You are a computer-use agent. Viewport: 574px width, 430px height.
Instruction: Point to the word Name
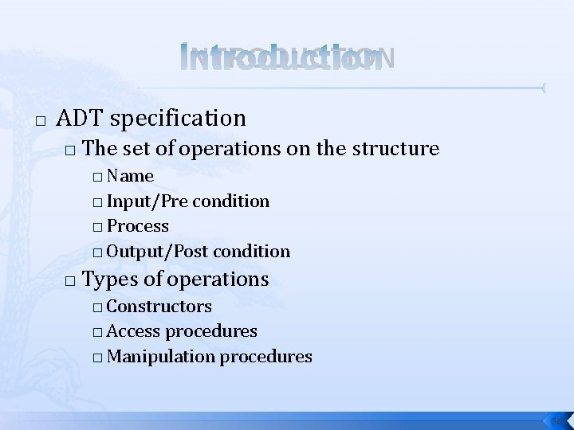130,175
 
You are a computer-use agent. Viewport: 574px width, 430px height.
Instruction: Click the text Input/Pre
147,201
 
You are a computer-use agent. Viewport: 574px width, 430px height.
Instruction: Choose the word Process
137,226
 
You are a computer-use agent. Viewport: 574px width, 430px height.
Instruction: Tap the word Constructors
159,306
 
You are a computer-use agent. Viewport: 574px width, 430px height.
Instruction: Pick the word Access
133,330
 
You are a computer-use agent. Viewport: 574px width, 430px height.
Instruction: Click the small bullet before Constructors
96,307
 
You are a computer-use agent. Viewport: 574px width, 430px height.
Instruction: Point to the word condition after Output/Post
253,252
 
